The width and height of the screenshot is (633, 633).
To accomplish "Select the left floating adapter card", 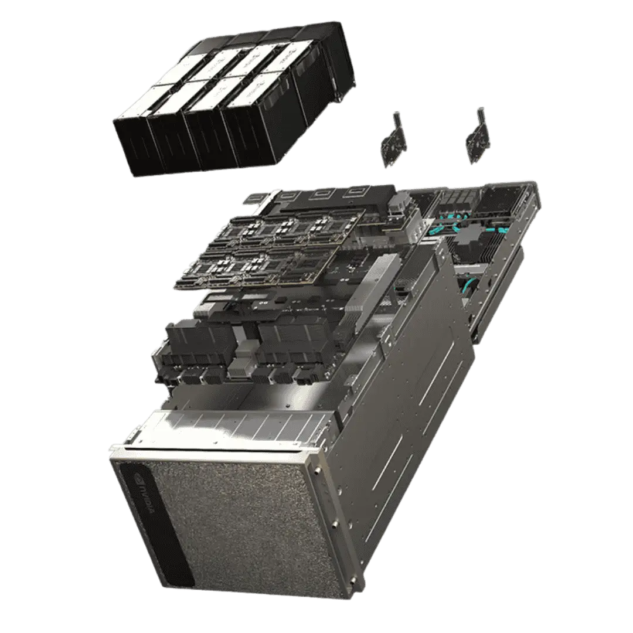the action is tap(392, 140).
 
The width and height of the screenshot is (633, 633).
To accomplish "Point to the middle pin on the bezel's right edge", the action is tap(335, 525).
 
